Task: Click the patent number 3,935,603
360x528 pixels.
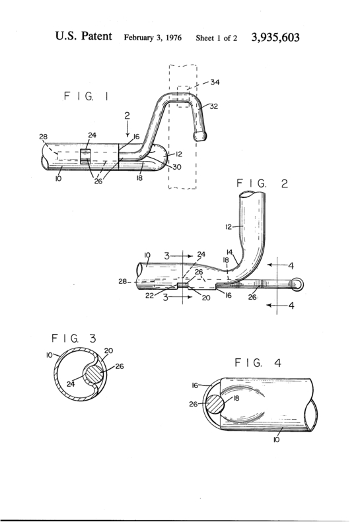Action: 275,37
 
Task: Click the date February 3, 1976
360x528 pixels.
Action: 153,38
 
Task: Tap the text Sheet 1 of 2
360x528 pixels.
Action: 217,38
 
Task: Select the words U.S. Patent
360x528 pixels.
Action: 84,36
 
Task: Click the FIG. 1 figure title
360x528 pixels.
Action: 86,96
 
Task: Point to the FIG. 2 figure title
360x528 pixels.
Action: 262,183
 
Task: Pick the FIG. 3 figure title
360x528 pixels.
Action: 73,338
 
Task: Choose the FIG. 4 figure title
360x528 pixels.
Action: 258,362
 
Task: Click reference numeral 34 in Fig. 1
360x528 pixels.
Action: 215,82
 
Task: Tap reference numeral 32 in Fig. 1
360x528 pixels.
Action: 214,106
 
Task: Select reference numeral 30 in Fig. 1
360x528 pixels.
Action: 176,167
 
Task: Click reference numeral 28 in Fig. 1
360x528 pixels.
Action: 43,137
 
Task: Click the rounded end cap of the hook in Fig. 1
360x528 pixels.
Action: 199,136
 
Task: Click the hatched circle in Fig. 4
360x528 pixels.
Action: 215,404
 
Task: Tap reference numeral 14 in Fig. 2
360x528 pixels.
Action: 230,252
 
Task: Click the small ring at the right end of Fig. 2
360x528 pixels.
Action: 298,284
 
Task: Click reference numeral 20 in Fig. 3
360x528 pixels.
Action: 108,351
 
